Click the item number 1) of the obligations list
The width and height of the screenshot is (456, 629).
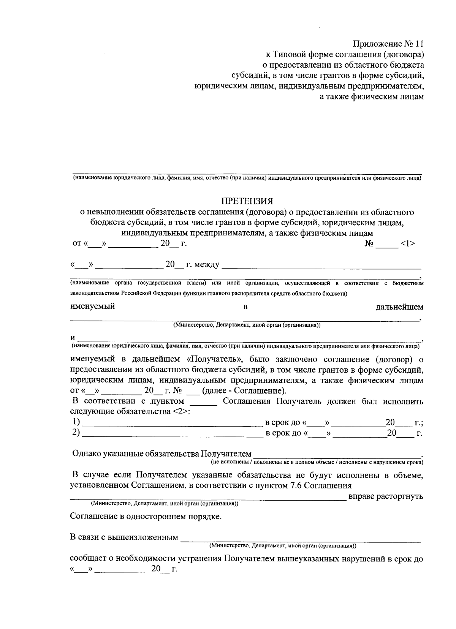click(x=76, y=422)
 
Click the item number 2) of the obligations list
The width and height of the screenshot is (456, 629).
click(x=76, y=433)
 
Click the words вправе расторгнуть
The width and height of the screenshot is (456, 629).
click(x=385, y=496)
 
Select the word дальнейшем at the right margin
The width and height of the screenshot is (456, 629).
click(x=399, y=307)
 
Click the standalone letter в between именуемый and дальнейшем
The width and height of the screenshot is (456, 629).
click(x=245, y=307)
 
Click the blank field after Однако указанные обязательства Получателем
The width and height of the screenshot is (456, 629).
click(x=337, y=454)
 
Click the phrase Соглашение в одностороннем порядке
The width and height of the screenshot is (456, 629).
click(x=146, y=517)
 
